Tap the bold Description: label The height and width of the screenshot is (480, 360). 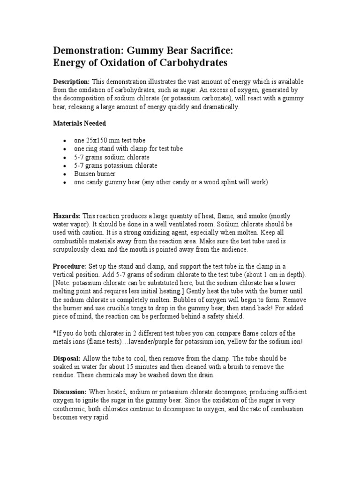(71, 81)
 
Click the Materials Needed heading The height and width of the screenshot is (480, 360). (79, 123)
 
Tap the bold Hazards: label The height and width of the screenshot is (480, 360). (67, 216)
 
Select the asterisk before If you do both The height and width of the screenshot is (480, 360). (54, 333)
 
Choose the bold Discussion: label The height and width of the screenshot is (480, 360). (70, 392)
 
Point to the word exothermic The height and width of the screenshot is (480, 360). (69, 409)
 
